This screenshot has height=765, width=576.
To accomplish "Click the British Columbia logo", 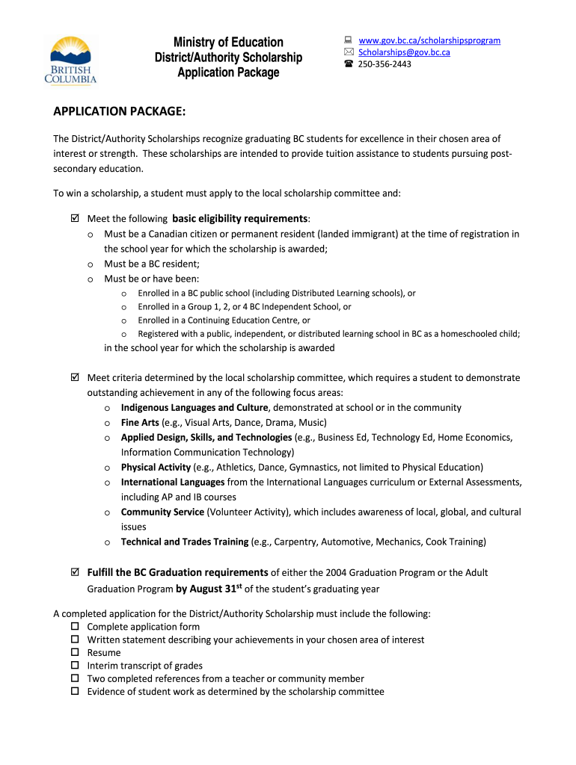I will click(73, 59).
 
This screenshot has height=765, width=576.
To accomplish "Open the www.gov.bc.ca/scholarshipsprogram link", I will click(429, 40).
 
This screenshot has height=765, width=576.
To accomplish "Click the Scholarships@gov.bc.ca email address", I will click(404, 52).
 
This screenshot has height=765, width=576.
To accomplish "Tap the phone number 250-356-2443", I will click(384, 64).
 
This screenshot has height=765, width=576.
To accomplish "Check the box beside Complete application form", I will click(75, 626).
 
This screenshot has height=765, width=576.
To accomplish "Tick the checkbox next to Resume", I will click(75, 652).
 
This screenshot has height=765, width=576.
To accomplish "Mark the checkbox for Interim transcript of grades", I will click(75, 665).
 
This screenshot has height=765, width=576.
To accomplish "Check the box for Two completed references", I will click(75, 678).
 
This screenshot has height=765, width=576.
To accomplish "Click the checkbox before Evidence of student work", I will click(75, 691).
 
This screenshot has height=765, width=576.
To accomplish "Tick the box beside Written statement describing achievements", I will click(75, 639).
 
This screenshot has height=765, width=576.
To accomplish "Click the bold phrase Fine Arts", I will click(140, 423).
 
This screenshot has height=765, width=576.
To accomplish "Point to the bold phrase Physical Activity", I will click(156, 468).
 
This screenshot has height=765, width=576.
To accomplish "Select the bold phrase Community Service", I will click(162, 512).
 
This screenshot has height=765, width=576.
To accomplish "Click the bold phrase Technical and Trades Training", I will click(185, 542).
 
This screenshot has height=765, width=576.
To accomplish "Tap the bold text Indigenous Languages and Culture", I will click(194, 408).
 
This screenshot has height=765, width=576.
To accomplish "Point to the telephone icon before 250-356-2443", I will click(348, 64).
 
